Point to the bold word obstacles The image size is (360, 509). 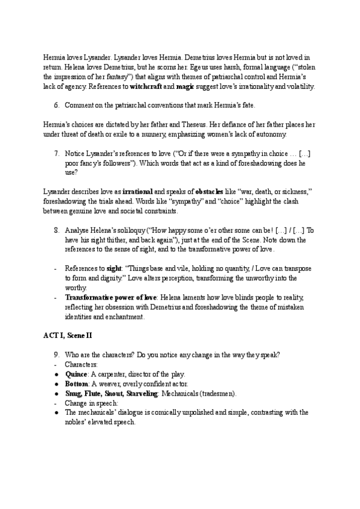click(x=212, y=190)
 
